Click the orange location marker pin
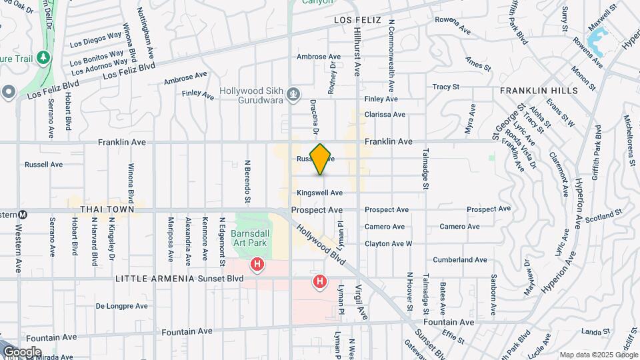tap(321, 159)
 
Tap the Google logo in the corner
tap(21, 351)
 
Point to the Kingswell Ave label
tap(320, 193)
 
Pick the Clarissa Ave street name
tap(385, 115)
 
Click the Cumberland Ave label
tap(460, 259)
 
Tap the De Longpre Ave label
tap(121, 306)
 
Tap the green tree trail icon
tap(44, 57)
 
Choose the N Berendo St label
tap(247, 180)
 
